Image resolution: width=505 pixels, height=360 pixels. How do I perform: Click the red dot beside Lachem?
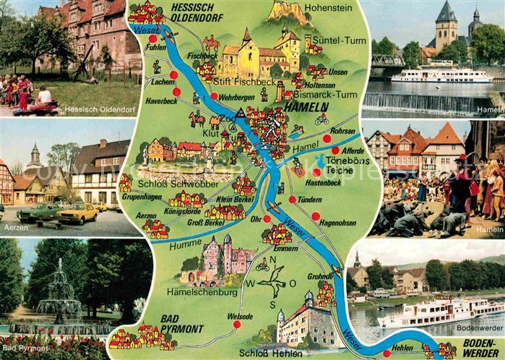(x=173, y=75)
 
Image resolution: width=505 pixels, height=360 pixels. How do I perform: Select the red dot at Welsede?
(x=236, y=325)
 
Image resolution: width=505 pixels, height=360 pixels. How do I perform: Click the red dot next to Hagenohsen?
(x=316, y=215)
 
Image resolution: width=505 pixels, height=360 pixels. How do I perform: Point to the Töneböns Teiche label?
(x=348, y=166)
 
